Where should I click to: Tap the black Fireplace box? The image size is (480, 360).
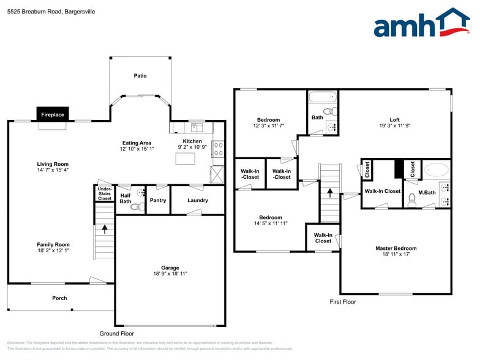52,114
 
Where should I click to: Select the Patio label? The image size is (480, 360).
140,76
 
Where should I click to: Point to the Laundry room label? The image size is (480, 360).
197,200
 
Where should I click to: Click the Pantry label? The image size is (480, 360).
157,200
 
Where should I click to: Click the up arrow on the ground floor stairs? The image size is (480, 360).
104,230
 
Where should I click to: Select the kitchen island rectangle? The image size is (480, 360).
185,159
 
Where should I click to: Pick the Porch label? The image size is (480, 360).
59,298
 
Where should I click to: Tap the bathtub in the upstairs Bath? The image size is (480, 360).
322,97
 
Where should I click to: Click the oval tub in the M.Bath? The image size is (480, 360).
436,169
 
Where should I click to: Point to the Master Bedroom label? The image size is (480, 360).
396,248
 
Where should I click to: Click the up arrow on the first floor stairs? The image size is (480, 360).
330,192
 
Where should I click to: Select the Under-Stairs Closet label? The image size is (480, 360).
105,194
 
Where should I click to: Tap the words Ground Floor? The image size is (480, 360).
117,334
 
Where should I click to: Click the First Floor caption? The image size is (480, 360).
343,302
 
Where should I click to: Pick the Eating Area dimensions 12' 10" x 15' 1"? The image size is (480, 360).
137,149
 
